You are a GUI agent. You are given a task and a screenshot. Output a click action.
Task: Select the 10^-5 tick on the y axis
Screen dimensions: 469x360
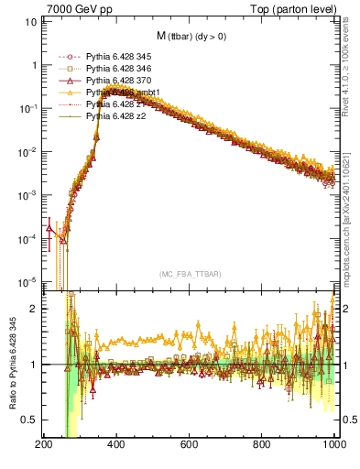tap(27, 281)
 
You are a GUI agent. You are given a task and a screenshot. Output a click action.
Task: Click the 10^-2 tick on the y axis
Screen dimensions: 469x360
tap(27, 151)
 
